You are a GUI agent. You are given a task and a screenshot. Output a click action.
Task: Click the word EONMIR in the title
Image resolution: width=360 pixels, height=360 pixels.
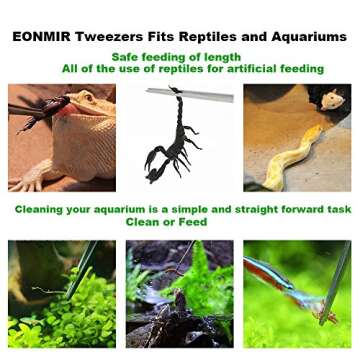tap(43, 37)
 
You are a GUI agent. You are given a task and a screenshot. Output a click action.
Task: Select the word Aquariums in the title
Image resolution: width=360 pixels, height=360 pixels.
tap(305, 37)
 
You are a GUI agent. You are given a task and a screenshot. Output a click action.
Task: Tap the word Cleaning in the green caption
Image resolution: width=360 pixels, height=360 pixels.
tap(46, 210)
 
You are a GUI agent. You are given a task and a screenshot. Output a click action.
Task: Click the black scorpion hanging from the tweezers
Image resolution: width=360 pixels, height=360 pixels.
tap(169, 140)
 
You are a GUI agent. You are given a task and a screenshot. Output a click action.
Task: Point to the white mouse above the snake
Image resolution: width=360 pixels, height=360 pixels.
tap(331, 99)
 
